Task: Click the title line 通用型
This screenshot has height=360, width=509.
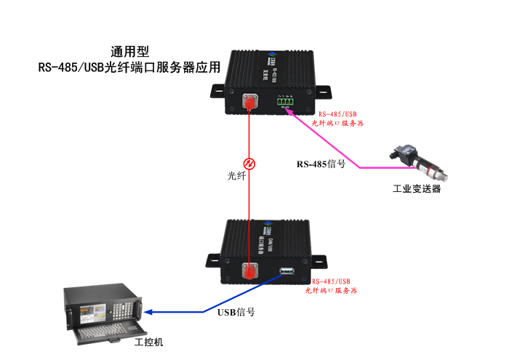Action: (x=130, y=52)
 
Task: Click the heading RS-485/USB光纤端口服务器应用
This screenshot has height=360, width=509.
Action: (x=129, y=69)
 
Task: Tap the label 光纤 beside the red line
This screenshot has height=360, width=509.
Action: (x=237, y=176)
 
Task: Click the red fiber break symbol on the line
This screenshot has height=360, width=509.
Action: (x=249, y=162)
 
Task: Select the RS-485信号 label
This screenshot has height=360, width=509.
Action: (x=321, y=164)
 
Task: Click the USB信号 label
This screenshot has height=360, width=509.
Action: (x=236, y=312)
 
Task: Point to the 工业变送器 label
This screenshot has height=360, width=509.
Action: (x=417, y=189)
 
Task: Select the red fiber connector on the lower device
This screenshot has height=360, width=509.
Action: (x=249, y=272)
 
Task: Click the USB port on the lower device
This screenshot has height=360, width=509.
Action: (x=286, y=273)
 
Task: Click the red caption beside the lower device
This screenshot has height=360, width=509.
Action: (x=331, y=285)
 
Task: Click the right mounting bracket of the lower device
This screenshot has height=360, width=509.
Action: (x=319, y=260)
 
